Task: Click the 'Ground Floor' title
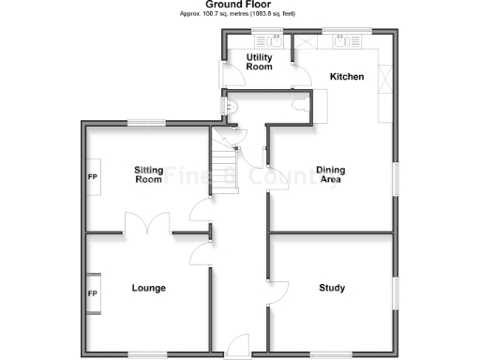pos(239,5)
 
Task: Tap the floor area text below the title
pos(239,15)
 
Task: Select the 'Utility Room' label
pos(259,62)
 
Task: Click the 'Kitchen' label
pos(346,77)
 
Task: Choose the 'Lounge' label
pos(149,288)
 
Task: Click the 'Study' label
pos(332,288)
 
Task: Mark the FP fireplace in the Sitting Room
pos(93,176)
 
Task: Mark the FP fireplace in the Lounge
pos(93,293)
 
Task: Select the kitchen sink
pos(346,43)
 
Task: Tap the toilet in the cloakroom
pos(300,104)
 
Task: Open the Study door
pos(278,293)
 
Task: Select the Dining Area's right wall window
pos(396,179)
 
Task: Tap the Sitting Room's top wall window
pos(147,123)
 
